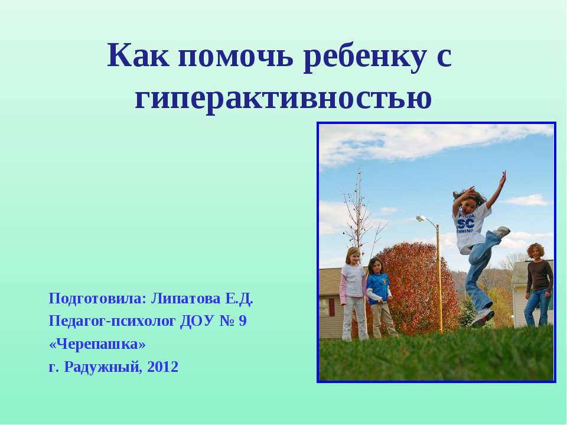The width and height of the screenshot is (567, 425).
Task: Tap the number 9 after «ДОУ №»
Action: pyautogui.click(x=243, y=322)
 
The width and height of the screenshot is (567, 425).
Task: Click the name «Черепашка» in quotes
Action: pyautogui.click(x=97, y=344)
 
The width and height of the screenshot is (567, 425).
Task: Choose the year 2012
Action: pyautogui.click(x=162, y=367)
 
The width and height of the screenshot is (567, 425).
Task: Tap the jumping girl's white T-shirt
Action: pyautogui.click(x=472, y=224)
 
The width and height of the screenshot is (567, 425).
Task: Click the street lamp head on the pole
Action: pyautogui.click(x=421, y=218)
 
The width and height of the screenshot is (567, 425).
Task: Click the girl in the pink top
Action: pyautogui.click(x=353, y=280)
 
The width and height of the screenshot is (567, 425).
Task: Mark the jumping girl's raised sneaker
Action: pyautogui.click(x=501, y=232)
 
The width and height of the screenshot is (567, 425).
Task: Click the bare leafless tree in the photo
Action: pyautogui.click(x=357, y=212)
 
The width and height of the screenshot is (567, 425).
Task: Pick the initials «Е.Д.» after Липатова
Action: pyautogui.click(x=239, y=299)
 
